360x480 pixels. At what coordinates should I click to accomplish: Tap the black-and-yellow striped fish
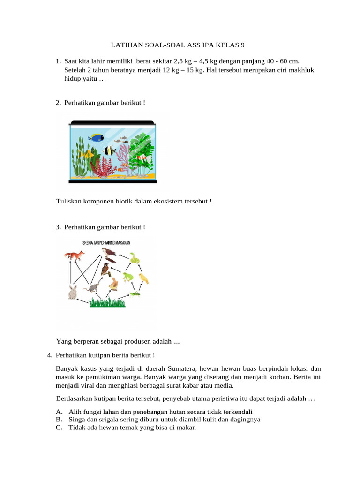(x=110, y=150)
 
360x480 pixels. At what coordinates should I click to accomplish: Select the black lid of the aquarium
(x=112, y=123)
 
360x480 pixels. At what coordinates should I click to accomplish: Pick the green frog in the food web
(x=127, y=277)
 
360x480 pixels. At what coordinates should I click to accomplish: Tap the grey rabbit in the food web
(x=73, y=292)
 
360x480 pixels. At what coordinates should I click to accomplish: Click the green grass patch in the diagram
(x=108, y=302)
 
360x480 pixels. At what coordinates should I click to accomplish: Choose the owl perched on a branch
(x=106, y=270)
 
